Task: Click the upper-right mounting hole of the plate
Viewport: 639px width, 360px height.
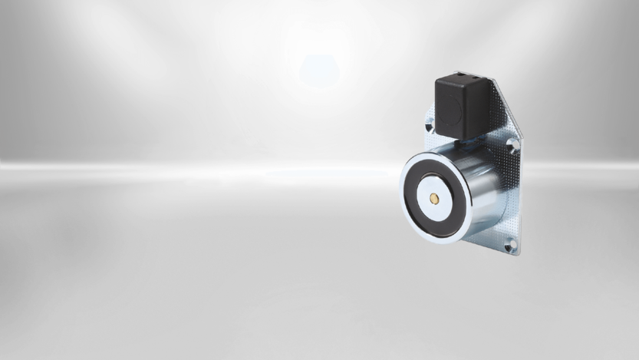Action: point(512,144)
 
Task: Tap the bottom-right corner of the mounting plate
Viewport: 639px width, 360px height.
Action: point(516,253)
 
